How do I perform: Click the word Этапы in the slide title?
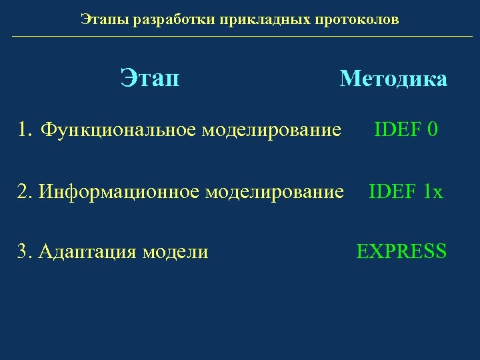point(105,19)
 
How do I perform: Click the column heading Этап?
point(150,79)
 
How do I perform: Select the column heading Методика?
point(393,79)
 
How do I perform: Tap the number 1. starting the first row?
point(26,129)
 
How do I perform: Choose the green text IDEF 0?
point(405,129)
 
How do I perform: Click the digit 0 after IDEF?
point(432,129)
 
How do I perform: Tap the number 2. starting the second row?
point(26,192)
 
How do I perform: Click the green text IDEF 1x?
point(405,192)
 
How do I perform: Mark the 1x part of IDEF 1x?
point(432,192)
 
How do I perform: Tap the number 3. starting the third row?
point(26,251)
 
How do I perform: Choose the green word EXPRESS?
point(401,251)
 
